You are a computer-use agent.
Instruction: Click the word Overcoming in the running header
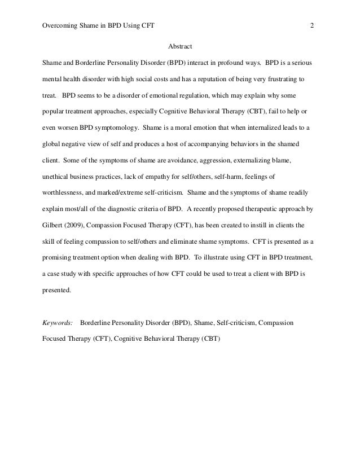pos(60,25)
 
